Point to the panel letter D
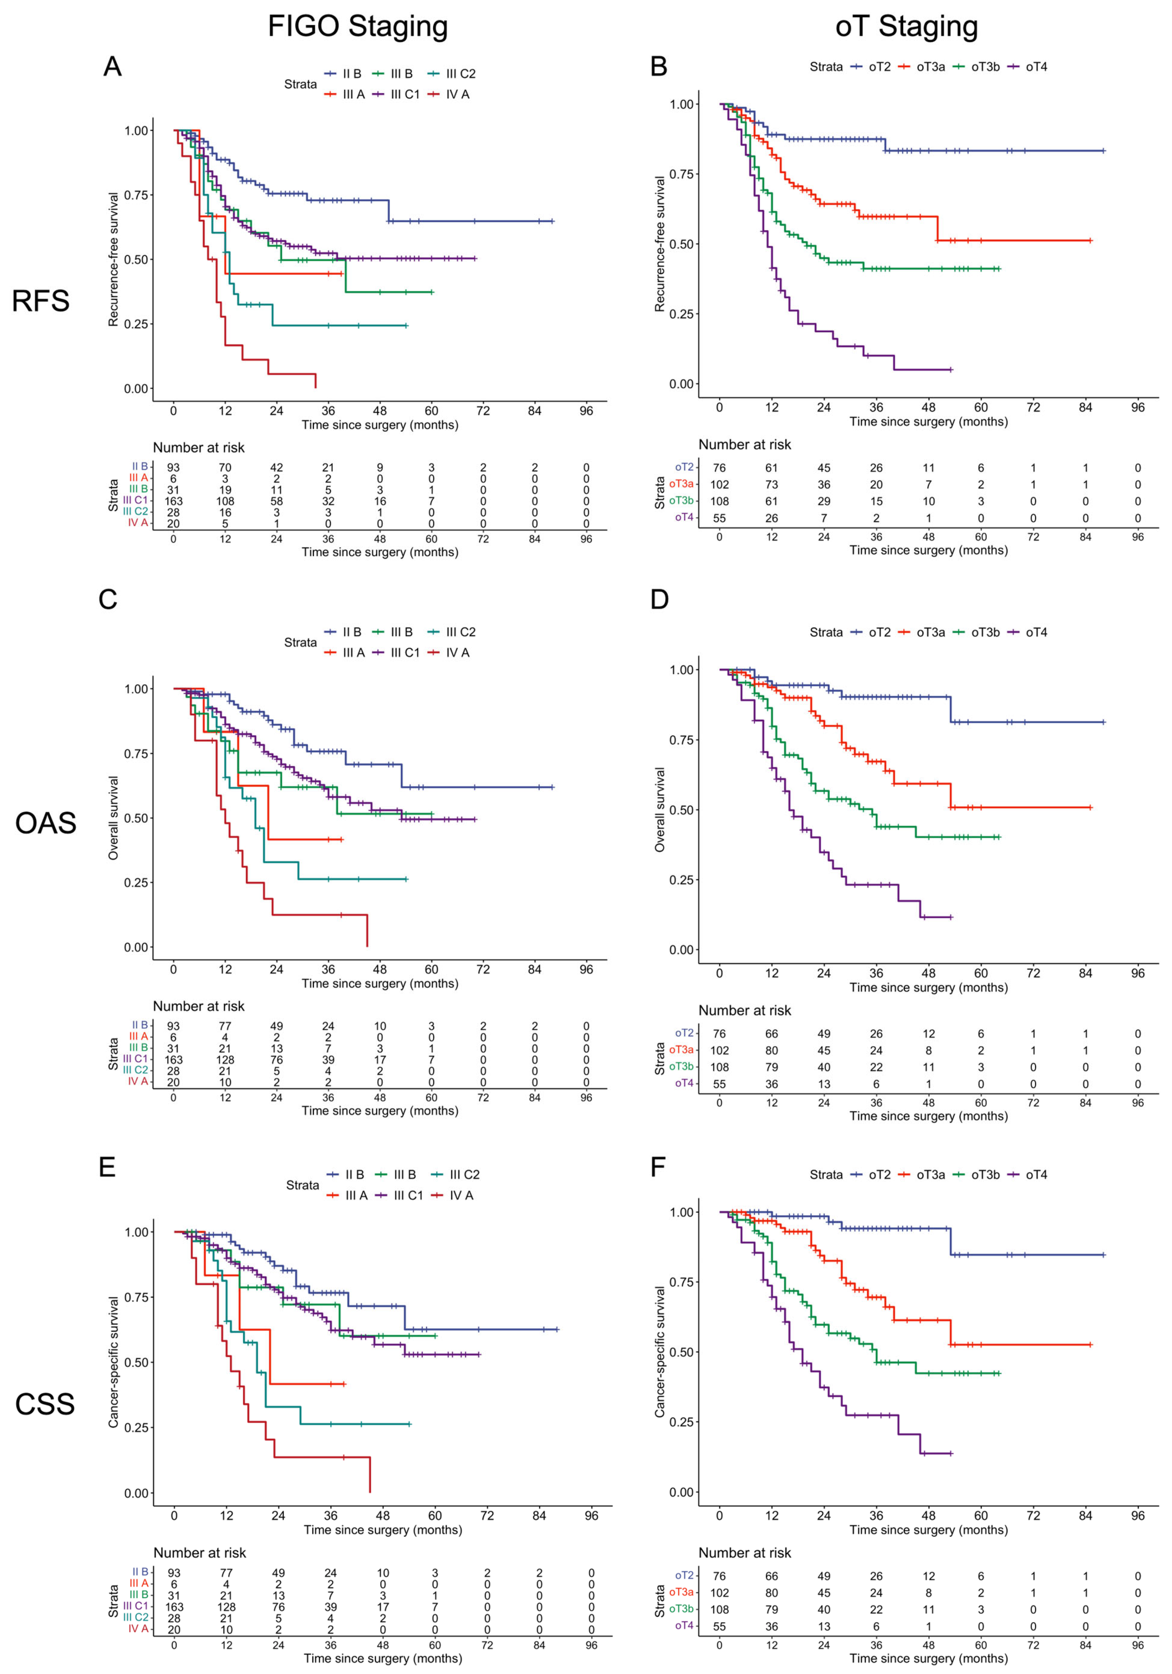(x=659, y=599)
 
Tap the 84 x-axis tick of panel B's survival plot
(x=1085, y=408)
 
